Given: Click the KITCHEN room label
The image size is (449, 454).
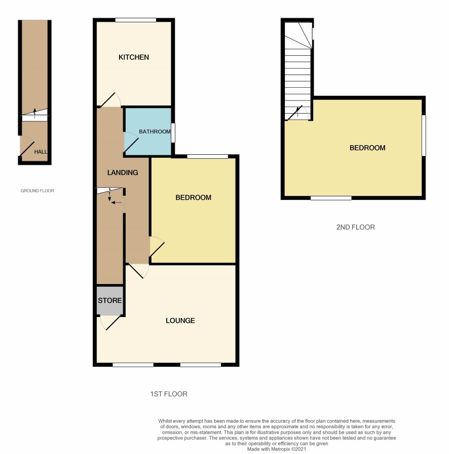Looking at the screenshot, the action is click(x=134, y=57).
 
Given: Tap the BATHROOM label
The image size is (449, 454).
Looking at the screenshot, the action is click(x=155, y=132).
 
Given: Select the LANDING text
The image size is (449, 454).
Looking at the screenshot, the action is click(x=123, y=172).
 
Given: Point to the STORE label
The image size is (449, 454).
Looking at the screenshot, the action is click(x=109, y=300).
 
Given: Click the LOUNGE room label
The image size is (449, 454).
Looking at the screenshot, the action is click(x=180, y=321).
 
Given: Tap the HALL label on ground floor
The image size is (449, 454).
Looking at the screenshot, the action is click(x=41, y=152).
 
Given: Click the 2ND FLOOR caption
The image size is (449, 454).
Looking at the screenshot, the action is click(x=356, y=227).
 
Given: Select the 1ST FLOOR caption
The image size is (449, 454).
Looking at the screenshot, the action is click(x=169, y=394).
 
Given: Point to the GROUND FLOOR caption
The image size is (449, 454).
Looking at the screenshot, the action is click(x=38, y=191).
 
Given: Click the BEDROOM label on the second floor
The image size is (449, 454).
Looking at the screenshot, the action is click(x=367, y=148).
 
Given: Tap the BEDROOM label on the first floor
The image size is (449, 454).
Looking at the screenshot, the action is click(x=194, y=197).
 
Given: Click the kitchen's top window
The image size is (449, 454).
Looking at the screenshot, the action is click(x=136, y=20).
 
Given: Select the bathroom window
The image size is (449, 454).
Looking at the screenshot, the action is click(x=173, y=133).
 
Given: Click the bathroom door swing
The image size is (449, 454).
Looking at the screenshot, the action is click(x=131, y=142).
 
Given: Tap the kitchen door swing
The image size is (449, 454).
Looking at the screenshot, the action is click(x=110, y=99).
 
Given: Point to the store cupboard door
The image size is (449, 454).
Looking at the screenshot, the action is click(x=110, y=323).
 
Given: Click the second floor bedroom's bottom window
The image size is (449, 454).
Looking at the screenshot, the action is click(x=331, y=198).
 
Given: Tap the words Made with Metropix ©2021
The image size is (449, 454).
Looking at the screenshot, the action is click(x=277, y=449).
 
